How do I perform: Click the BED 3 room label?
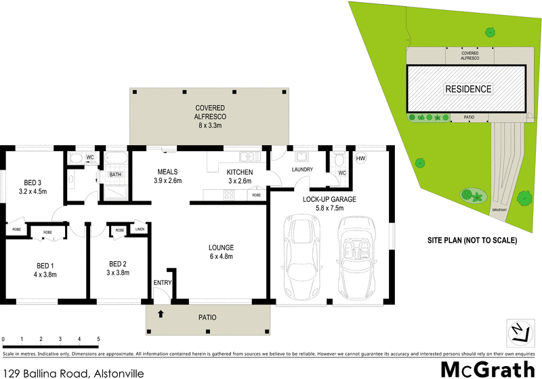coord(33,182)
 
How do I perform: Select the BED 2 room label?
coord(119,264)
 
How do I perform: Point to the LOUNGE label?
coord(221,247)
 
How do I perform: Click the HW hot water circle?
coord(360,159)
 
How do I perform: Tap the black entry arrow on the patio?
coord(161,314)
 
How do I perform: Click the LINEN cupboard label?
coord(139,231)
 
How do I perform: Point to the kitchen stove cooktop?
coord(229,195)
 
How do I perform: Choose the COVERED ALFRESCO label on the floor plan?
coord(209,113)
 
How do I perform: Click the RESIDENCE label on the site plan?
coord(467,89)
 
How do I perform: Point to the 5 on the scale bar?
coord(98,338)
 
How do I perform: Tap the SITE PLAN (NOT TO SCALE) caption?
coord(472,240)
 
